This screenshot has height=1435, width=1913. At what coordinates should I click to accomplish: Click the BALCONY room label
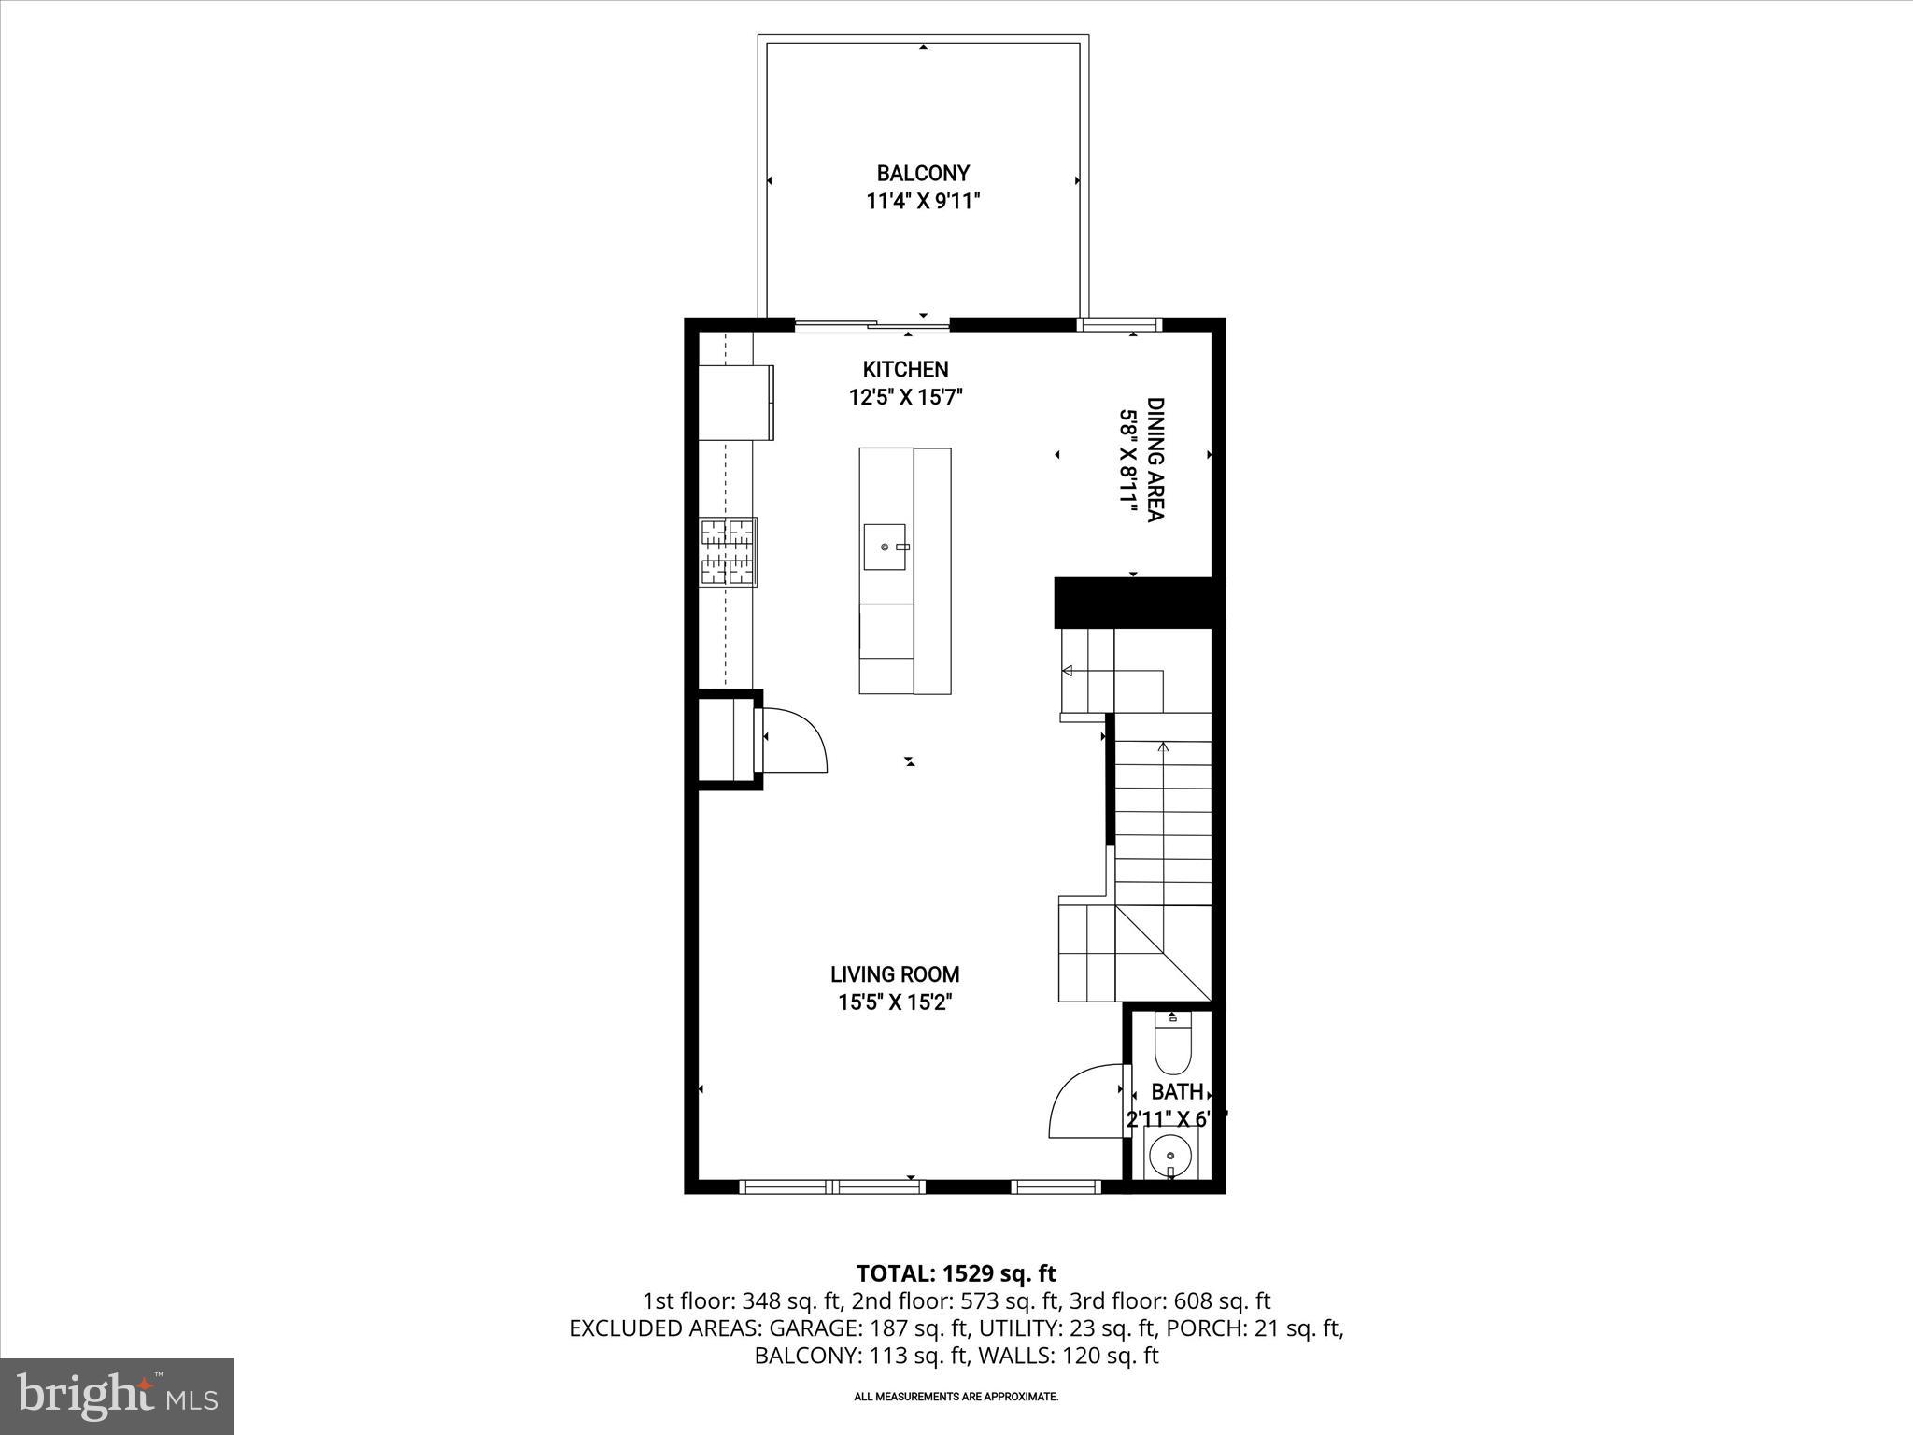tap(922, 173)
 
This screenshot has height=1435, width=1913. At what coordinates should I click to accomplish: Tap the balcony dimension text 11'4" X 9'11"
tap(922, 201)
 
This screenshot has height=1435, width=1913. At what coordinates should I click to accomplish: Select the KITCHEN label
tap(905, 369)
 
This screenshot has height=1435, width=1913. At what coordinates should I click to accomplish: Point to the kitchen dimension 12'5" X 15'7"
tap(905, 397)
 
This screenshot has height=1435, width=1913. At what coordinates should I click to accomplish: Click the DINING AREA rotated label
tap(1155, 460)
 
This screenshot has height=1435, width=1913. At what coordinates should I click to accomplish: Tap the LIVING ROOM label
tap(895, 974)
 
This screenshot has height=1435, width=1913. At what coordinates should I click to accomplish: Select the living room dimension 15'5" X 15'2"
tap(895, 1003)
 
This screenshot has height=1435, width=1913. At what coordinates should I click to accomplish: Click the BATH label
tap(1176, 1091)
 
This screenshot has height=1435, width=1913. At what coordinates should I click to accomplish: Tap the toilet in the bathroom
tap(1172, 1044)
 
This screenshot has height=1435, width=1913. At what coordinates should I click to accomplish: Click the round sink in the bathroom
tap(1170, 1156)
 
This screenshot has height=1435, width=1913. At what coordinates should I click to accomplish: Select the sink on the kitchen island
tap(885, 547)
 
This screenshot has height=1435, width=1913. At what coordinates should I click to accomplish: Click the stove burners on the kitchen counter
tap(729, 551)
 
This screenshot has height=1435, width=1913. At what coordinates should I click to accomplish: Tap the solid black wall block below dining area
tap(1138, 603)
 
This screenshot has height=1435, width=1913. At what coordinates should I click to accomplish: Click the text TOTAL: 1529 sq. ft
tap(956, 1273)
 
